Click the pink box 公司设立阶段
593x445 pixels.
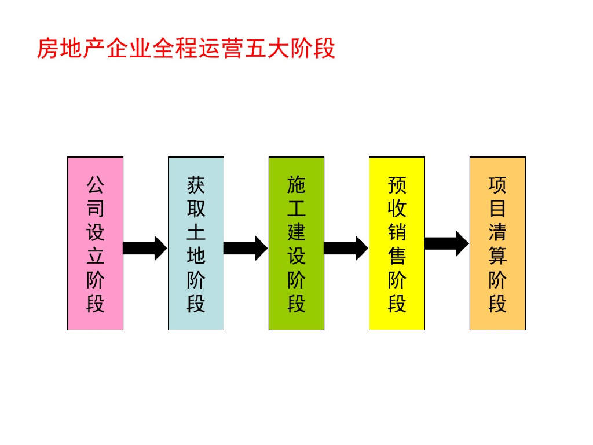tap(96, 243)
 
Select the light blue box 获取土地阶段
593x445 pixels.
tap(196, 243)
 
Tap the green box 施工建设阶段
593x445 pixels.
tap(296, 243)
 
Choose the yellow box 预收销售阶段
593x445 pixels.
tap(397, 243)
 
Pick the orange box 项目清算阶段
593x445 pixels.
tap(497, 243)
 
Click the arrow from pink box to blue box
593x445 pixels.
tap(145, 248)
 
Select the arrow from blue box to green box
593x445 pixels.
tap(246, 248)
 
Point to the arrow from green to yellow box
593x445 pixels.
tap(346, 248)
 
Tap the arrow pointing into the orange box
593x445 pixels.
tap(447, 244)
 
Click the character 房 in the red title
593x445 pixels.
tap(48, 49)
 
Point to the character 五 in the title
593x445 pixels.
tap(255, 49)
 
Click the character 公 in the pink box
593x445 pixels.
tap(96, 185)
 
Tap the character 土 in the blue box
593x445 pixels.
tap(196, 232)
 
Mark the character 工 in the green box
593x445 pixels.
tap(296, 209)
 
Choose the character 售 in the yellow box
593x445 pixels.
tap(397, 256)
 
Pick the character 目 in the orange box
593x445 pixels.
tap(497, 209)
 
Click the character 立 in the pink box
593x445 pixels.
tap(96, 256)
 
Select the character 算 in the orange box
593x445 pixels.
tap(497, 256)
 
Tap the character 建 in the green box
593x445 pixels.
tap(296, 232)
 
